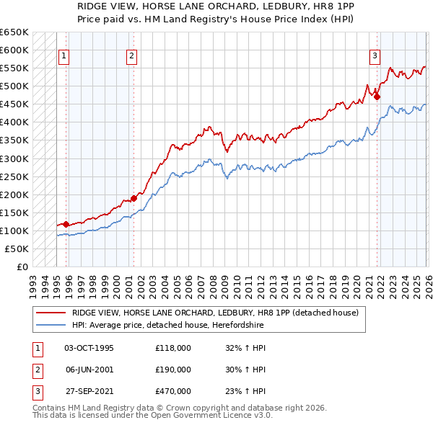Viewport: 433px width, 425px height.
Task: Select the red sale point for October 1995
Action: [66, 224]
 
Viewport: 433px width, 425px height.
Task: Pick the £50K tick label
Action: [17, 249]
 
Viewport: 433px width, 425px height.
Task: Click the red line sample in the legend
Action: [51, 312]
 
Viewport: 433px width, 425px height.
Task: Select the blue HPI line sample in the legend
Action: [51, 325]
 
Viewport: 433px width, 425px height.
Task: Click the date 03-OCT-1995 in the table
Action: [89, 348]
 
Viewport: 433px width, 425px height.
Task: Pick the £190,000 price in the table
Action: [173, 370]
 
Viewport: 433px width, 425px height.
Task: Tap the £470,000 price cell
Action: [173, 391]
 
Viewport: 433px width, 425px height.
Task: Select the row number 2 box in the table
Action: [37, 370]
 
